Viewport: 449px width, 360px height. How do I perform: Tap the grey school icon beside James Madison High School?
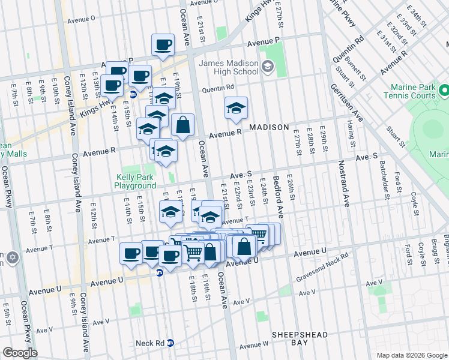pyautogui.click(x=267, y=68)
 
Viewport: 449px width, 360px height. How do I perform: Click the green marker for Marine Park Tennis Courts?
pyautogui.click(x=444, y=91)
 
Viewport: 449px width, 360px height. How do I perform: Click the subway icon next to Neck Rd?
pyautogui.click(x=170, y=343)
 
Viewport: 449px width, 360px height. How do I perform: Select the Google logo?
pyautogui.click(x=20, y=353)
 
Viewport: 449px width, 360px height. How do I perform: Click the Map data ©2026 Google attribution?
pyautogui.click(x=411, y=355)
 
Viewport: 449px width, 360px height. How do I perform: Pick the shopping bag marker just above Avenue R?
pyautogui.click(x=184, y=125)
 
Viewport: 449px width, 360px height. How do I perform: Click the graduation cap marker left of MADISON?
pyautogui.click(x=236, y=108)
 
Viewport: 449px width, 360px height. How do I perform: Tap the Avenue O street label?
pyautogui.click(x=82, y=19)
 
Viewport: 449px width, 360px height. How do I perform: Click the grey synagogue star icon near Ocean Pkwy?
pyautogui.click(x=13, y=258)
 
